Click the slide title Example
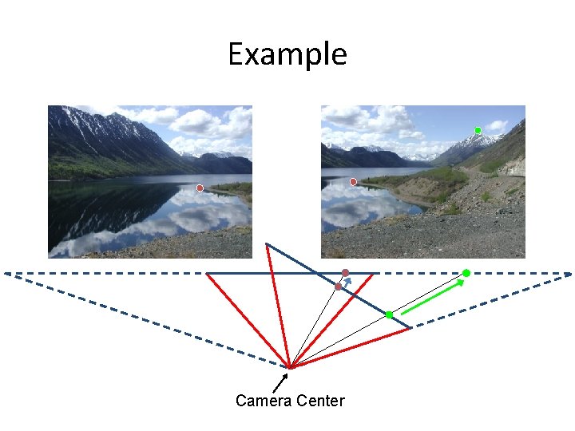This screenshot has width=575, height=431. pyautogui.click(x=287, y=54)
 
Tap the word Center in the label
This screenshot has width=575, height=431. pyautogui.click(x=319, y=401)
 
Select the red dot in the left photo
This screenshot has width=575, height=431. pyautogui.click(x=200, y=188)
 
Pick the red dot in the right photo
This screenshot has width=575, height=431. pyautogui.click(x=353, y=182)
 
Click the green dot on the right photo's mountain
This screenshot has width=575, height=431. pyautogui.click(x=478, y=130)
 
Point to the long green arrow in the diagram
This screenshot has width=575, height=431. pyautogui.click(x=431, y=296)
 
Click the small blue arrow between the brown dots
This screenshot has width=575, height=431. pyautogui.click(x=346, y=282)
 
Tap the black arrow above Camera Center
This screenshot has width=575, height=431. pyautogui.click(x=279, y=382)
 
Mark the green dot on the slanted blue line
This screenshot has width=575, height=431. pyautogui.click(x=389, y=314)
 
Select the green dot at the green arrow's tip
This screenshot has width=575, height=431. pyautogui.click(x=466, y=273)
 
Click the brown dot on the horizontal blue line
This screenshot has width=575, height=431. pyautogui.click(x=346, y=273)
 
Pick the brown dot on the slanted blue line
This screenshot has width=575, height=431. pyautogui.click(x=339, y=286)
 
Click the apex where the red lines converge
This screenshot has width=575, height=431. pyautogui.click(x=291, y=367)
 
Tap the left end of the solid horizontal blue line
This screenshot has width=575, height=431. pyautogui.click(x=207, y=273)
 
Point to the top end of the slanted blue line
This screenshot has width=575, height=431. pyautogui.click(x=267, y=243)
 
